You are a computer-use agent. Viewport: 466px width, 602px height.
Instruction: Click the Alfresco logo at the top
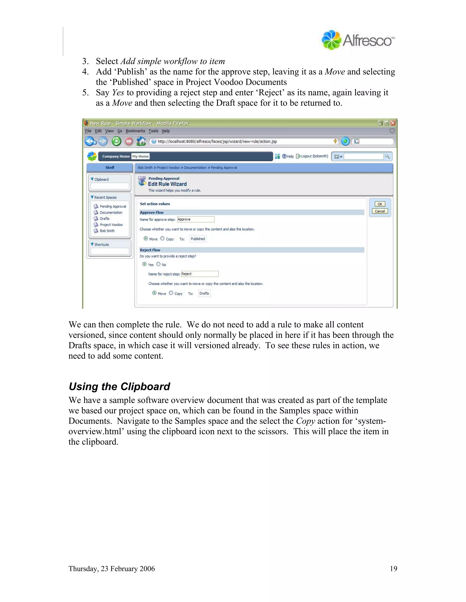[358, 40]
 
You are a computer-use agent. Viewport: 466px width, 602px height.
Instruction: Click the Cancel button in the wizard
[380, 211]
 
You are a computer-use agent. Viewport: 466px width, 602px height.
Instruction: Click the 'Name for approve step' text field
[196, 219]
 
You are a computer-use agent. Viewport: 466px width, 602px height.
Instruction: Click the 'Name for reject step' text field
[200, 274]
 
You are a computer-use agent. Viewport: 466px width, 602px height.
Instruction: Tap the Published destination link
[198, 239]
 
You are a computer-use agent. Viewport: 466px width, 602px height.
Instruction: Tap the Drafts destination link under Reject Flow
[204, 293]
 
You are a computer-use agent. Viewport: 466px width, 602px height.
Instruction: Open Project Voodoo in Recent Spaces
[111, 225]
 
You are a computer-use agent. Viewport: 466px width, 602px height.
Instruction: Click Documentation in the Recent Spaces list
[111, 213]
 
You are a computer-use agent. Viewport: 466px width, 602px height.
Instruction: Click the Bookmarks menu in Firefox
[135, 131]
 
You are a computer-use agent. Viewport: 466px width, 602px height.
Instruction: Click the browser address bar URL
[217, 141]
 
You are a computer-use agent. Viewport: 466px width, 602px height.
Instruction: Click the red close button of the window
[393, 123]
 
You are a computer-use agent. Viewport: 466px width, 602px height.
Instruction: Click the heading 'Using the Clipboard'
[119, 386]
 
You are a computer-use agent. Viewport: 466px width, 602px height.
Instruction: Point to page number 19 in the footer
[393, 569]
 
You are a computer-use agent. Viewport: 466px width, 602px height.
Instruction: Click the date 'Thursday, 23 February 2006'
[111, 569]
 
